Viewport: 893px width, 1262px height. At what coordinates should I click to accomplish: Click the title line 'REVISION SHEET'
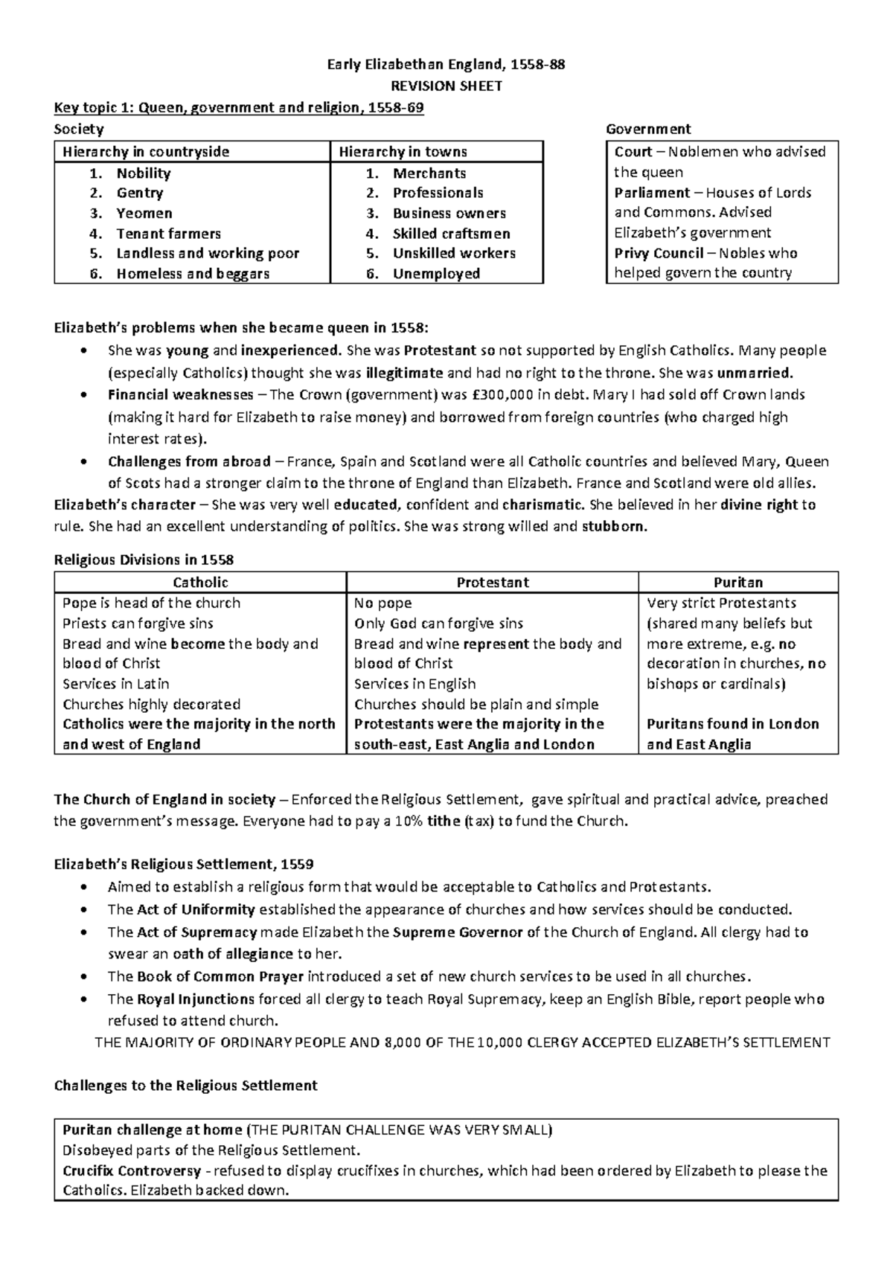[x=446, y=86]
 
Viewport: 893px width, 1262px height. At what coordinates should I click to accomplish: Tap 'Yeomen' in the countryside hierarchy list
[x=144, y=214]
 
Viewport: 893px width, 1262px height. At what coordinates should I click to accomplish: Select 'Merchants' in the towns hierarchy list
[x=429, y=173]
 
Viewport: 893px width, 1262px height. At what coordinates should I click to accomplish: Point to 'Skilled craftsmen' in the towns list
[x=451, y=234]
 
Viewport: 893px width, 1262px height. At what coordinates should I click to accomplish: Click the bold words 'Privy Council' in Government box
[x=659, y=253]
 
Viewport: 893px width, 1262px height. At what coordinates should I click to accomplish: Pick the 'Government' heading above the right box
[x=648, y=129]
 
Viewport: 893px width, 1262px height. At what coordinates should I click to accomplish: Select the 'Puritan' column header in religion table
[x=737, y=583]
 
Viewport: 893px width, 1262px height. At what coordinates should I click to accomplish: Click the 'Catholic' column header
[x=200, y=583]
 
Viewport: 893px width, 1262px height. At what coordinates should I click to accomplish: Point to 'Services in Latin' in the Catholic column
[x=116, y=684]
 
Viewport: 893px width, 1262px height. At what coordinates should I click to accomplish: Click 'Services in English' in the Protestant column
[x=415, y=684]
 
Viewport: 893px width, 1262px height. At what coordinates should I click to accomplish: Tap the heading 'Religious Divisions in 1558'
[x=144, y=560]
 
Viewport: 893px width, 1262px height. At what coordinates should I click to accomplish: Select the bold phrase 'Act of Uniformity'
[x=196, y=909]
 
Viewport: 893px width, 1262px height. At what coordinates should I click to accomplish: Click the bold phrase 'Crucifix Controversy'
[x=132, y=1170]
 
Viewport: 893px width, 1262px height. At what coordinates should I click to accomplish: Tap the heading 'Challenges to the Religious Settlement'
[x=186, y=1086]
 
